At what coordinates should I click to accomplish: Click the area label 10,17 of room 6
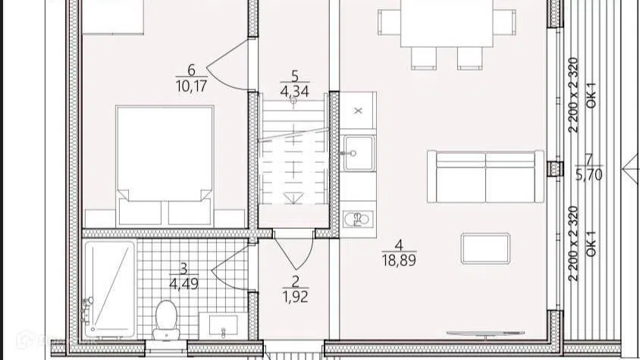click(191, 86)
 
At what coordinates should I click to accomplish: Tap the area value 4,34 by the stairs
click(294, 92)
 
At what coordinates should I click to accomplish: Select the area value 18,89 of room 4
click(399, 260)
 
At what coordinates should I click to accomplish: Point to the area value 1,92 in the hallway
click(295, 297)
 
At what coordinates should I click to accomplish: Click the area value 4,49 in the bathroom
click(184, 283)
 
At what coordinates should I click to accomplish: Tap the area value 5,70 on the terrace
click(589, 175)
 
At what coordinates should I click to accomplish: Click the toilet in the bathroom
click(166, 320)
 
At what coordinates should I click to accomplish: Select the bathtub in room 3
click(109, 289)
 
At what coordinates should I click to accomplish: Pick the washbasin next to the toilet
click(223, 325)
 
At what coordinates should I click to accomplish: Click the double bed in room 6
click(165, 166)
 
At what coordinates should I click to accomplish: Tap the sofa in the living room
click(486, 177)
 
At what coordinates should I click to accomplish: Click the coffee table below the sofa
click(485, 248)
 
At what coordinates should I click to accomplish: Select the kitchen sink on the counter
click(359, 153)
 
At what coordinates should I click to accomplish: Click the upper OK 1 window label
click(591, 95)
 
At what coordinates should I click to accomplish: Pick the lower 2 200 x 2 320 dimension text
click(573, 244)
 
